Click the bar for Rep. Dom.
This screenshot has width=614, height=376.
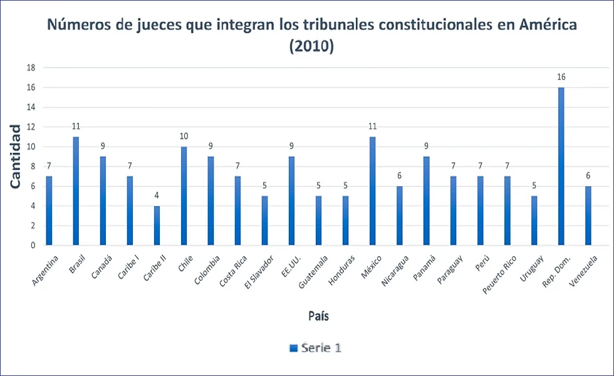561,166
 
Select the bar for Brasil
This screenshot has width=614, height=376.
76,191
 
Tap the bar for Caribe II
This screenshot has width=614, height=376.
157,226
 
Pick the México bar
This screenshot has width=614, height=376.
373,191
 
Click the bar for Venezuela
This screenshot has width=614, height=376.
588,216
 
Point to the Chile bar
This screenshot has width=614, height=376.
184,196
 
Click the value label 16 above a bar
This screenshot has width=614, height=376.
561,77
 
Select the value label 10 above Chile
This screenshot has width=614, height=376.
184,136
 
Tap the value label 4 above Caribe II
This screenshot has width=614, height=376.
157,196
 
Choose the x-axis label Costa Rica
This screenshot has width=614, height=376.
233,271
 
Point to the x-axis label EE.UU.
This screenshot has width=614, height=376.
290,263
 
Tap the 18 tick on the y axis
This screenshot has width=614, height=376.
30,68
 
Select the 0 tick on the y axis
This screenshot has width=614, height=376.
32,246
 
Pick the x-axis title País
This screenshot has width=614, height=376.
318,316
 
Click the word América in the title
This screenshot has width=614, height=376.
543,25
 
